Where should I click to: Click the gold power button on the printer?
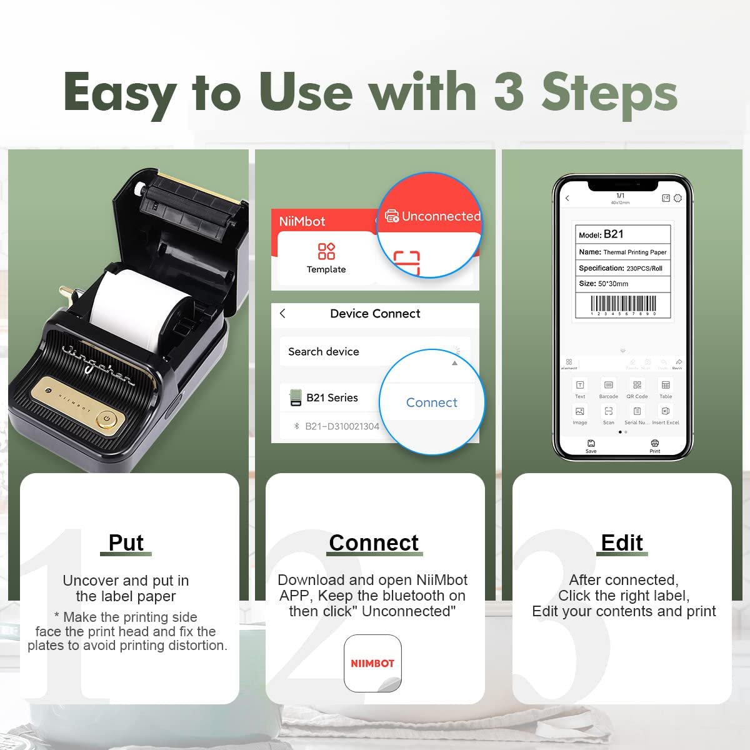click(x=108, y=418)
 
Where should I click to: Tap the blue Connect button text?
click(x=431, y=402)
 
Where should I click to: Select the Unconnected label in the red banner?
click(x=441, y=216)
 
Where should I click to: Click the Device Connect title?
click(x=375, y=314)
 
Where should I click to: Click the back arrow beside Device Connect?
click(x=283, y=314)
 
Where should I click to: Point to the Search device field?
click(x=324, y=352)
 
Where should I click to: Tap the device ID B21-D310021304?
click(x=342, y=426)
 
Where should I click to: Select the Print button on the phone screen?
click(x=654, y=446)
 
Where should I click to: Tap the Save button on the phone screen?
click(x=591, y=446)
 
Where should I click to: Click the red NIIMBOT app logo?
click(x=372, y=663)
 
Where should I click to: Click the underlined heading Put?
click(x=126, y=542)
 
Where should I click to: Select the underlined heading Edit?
click(x=622, y=542)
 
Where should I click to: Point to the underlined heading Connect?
click(x=374, y=542)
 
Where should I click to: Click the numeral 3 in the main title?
click(x=508, y=92)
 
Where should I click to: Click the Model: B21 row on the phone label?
click(x=622, y=234)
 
